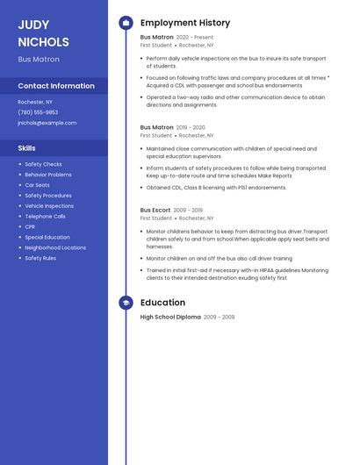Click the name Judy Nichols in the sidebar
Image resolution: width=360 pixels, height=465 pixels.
coord(43,32)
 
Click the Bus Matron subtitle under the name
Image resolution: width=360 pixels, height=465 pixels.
coord(39,60)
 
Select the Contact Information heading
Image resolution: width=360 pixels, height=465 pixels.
coord(56,86)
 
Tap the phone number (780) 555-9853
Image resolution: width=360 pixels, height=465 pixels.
coord(38,112)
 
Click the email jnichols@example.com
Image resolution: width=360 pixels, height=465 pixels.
coord(47,123)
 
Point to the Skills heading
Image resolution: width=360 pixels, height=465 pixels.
coord(27,148)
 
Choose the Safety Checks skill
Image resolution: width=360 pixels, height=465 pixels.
coord(43,164)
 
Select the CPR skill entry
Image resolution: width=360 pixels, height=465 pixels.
coord(30,226)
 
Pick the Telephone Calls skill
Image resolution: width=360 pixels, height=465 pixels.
coord(45,216)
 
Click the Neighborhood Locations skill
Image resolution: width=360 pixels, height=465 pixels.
coord(55,247)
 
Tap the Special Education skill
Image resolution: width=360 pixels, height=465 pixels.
coord(47,237)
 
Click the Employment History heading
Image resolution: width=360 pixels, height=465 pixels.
coord(185,23)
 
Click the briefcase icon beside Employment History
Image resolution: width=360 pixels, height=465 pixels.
coord(126,23)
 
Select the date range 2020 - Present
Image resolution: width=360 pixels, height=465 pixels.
coord(195,38)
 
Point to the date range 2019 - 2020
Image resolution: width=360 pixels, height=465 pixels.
coord(191,127)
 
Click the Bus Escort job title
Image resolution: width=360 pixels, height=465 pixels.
coord(155,211)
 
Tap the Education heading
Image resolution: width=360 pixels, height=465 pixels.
coord(162,303)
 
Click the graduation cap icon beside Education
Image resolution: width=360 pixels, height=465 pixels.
coord(126,303)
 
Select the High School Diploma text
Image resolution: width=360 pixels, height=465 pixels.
coord(170,317)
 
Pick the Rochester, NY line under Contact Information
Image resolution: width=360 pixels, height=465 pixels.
coord(35,102)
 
